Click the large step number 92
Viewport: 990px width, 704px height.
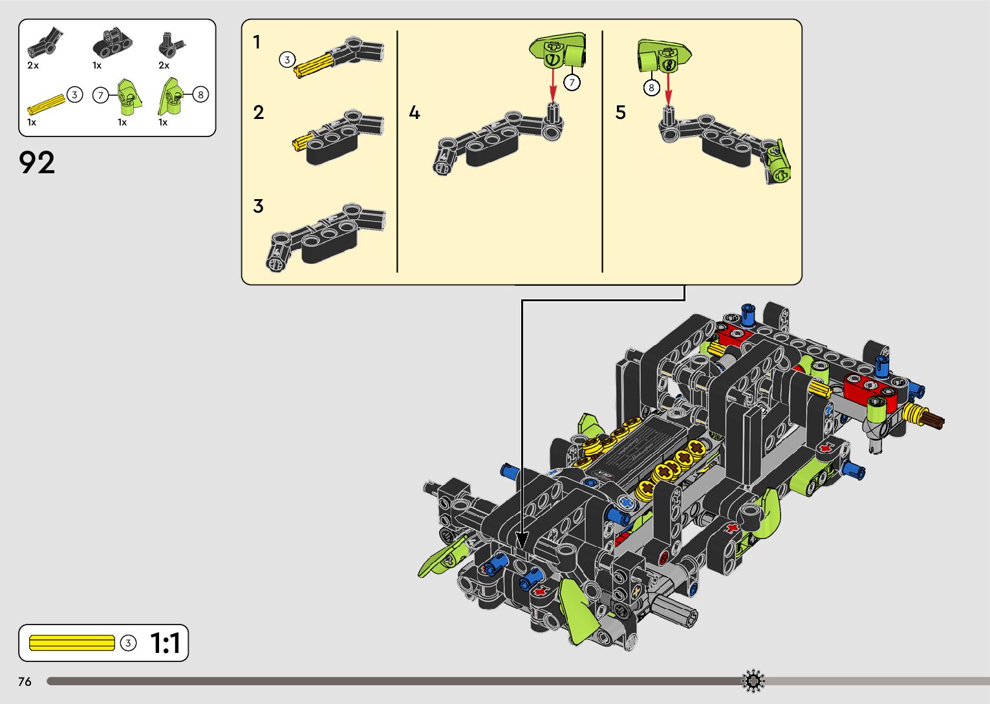point(37,163)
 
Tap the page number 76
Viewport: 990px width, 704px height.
point(25,681)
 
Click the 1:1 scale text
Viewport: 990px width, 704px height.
point(165,643)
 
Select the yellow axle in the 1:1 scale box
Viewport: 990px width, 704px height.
point(72,643)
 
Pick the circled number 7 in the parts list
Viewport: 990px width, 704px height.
point(100,96)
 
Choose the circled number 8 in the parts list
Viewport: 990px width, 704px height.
point(200,94)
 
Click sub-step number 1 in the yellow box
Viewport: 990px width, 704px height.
point(257,43)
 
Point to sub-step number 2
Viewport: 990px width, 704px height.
point(259,113)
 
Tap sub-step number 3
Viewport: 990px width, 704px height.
point(258,206)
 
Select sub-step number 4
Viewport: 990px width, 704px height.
point(414,113)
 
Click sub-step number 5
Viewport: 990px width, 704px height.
point(620,113)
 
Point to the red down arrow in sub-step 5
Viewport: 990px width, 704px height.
point(669,87)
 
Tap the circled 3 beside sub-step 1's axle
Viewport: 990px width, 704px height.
point(287,60)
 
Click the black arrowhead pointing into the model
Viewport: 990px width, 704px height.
point(522,540)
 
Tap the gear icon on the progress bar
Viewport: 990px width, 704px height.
point(753,681)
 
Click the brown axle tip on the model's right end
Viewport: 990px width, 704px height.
point(935,421)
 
